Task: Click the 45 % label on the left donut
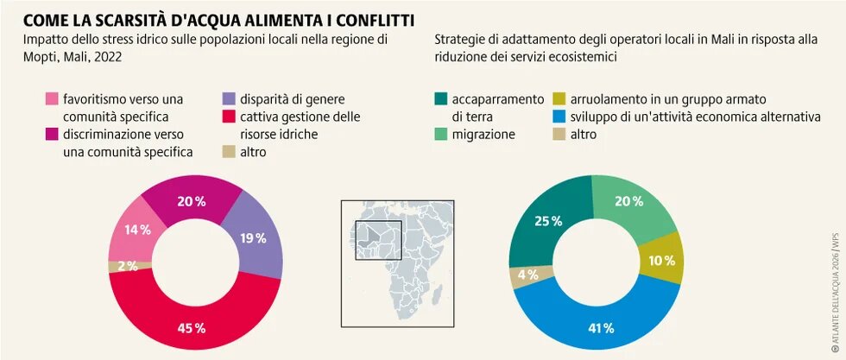point(193,328)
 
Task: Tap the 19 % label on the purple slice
point(253,238)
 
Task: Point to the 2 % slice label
point(127,266)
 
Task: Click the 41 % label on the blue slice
point(601,328)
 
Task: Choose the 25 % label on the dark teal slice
point(548,221)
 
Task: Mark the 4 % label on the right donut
point(527,275)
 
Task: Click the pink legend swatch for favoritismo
point(53,99)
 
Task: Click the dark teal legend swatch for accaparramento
point(441,99)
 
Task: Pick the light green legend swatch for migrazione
point(441,135)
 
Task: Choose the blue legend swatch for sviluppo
point(558,117)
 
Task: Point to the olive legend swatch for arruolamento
point(558,99)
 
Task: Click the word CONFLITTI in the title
point(363,18)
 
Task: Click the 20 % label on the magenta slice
point(192,201)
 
